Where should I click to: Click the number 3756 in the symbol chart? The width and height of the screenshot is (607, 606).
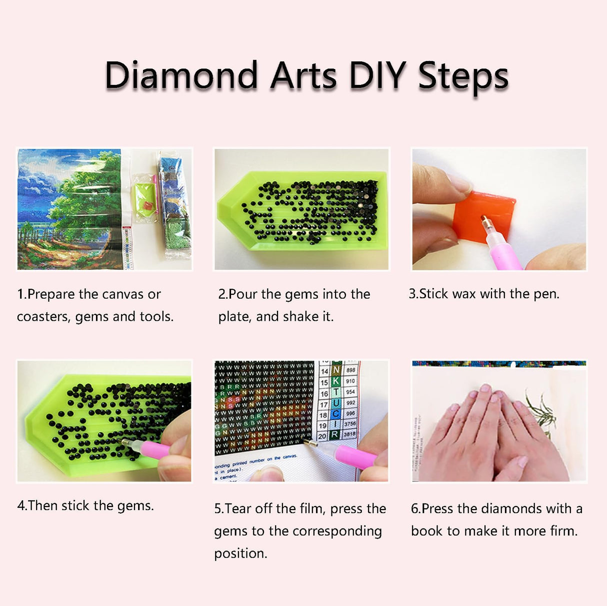click(350, 424)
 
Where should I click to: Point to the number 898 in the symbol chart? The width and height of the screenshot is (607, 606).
click(350, 370)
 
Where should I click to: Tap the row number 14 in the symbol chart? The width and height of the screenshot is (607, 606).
click(324, 371)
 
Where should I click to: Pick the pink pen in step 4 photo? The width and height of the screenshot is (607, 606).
click(152, 448)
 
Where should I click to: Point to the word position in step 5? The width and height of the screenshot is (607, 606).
click(240, 554)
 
